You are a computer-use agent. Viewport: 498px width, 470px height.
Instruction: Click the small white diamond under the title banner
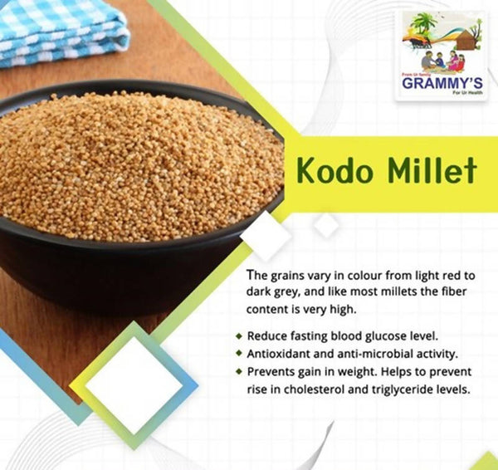coord(326,224)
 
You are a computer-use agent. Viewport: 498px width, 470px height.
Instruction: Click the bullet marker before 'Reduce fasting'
coord(240,337)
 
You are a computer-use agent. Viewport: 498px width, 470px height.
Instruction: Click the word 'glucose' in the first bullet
coord(392,336)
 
